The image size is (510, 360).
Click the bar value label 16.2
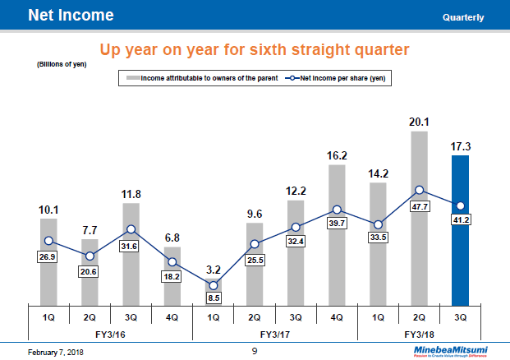tap(337, 155)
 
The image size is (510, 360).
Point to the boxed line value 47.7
tap(419, 205)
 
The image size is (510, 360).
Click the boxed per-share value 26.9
tap(49, 256)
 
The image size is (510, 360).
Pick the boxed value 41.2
tap(460, 221)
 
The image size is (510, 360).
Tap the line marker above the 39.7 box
tap(337, 210)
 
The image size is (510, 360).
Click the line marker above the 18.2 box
tap(172, 262)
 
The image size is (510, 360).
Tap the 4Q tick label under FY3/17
tap(337, 316)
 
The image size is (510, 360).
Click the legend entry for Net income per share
tap(336, 78)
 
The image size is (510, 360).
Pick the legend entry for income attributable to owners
tap(200, 78)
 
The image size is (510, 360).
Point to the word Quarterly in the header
tap(462, 17)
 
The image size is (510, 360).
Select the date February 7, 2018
tap(56, 352)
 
